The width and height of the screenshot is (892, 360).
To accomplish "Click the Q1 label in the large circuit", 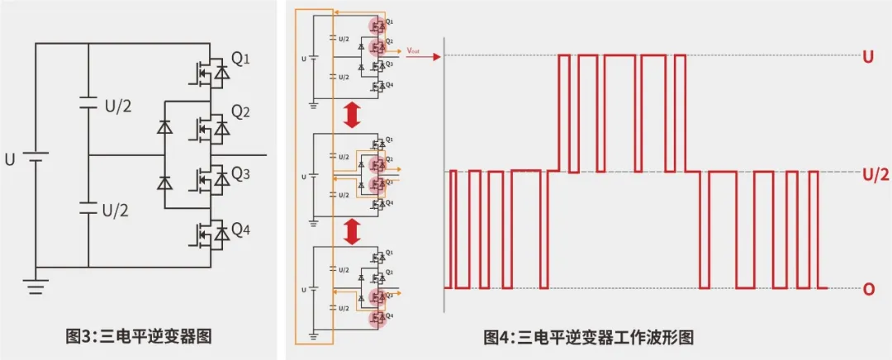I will tap(240, 60).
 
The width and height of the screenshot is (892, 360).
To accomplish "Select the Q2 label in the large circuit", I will tap(240, 111).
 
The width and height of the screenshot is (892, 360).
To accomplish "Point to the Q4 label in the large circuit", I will tap(240, 230).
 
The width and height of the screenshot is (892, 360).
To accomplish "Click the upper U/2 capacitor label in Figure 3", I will tap(116, 105).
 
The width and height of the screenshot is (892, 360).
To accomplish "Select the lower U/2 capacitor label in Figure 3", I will tap(116, 210).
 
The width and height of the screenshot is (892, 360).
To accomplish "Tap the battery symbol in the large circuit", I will tap(35, 158).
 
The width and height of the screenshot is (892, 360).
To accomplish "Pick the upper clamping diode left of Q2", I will tap(164, 128).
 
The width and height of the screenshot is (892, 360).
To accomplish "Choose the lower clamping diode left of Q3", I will tap(164, 182).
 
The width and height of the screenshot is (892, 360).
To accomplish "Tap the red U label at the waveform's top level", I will tap(868, 58).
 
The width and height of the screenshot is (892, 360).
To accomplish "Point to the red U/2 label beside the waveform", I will tap(875, 173).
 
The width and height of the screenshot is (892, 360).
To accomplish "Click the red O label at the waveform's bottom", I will tap(868, 290).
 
